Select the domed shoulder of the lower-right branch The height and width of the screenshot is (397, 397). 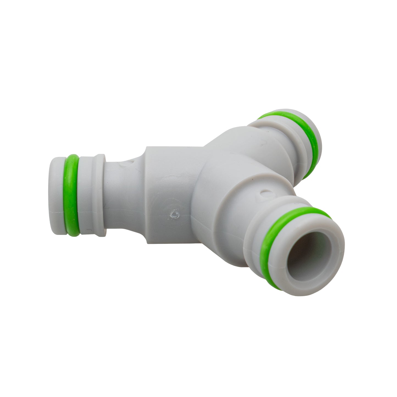tap(228, 209)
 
